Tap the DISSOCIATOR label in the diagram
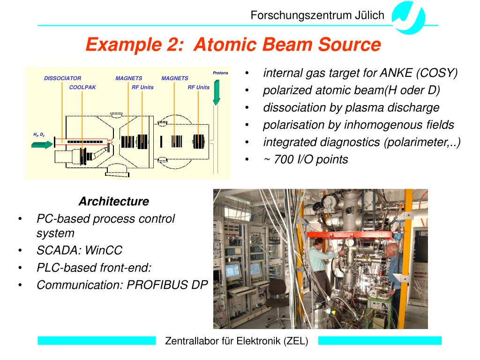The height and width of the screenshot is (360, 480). click(x=62, y=78)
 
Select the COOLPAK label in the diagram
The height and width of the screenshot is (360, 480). click(x=82, y=87)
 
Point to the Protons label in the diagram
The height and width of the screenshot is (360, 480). click(x=220, y=73)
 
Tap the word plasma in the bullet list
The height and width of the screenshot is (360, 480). click(x=364, y=108)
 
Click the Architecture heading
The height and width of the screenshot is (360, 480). click(x=113, y=202)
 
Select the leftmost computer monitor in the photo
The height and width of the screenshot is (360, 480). click(x=232, y=270)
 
